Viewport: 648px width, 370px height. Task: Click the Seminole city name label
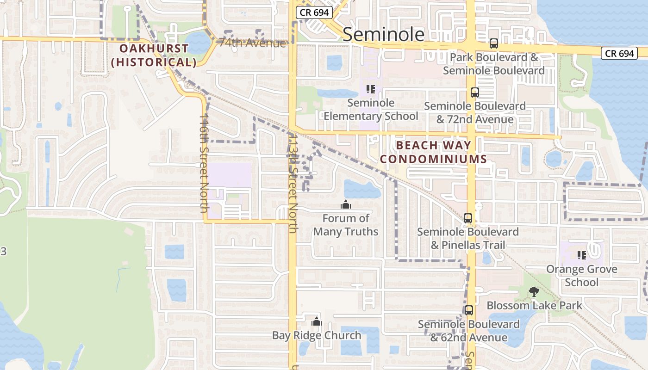pyautogui.click(x=383, y=34)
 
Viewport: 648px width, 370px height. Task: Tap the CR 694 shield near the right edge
pyautogui.click(x=620, y=53)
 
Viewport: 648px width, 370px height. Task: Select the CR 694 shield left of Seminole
pyautogui.click(x=314, y=12)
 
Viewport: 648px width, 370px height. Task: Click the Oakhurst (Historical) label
pyautogui.click(x=154, y=55)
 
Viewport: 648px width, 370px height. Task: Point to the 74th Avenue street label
pyautogui.click(x=253, y=43)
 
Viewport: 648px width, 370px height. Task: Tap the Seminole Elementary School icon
pyautogui.click(x=370, y=89)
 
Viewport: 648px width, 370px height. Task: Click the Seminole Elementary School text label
pyautogui.click(x=371, y=109)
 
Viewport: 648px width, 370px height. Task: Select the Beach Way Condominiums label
pyautogui.click(x=433, y=152)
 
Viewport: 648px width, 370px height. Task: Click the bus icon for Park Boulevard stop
pyautogui.click(x=494, y=44)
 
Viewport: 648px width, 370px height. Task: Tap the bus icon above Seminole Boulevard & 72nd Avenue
pyautogui.click(x=475, y=92)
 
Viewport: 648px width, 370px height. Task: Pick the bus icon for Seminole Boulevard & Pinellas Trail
pyautogui.click(x=468, y=218)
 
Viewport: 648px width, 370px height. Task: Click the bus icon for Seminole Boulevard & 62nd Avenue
pyautogui.click(x=469, y=310)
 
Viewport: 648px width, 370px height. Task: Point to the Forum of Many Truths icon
pyautogui.click(x=345, y=204)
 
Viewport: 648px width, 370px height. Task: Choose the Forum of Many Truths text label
pyautogui.click(x=346, y=225)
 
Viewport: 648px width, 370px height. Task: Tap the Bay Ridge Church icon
pyautogui.click(x=317, y=321)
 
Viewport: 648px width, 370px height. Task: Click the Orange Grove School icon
pyautogui.click(x=582, y=255)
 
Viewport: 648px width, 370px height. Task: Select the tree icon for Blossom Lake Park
pyautogui.click(x=534, y=291)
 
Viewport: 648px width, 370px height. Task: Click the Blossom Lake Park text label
pyautogui.click(x=534, y=306)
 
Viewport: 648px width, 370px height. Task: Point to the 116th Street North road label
pyautogui.click(x=204, y=164)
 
